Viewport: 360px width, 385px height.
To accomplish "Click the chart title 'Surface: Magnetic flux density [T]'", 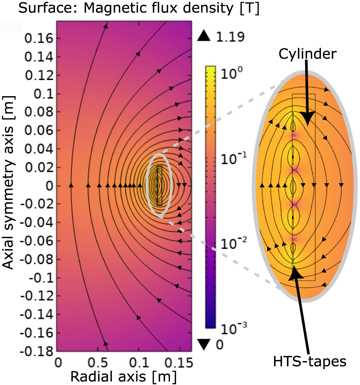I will pyautogui.click(x=139, y=8).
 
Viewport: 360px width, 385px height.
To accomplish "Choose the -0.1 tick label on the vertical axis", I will pyautogui.click(x=41, y=278).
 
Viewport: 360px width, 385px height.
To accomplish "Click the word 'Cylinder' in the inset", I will pyautogui.click(x=308, y=54).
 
